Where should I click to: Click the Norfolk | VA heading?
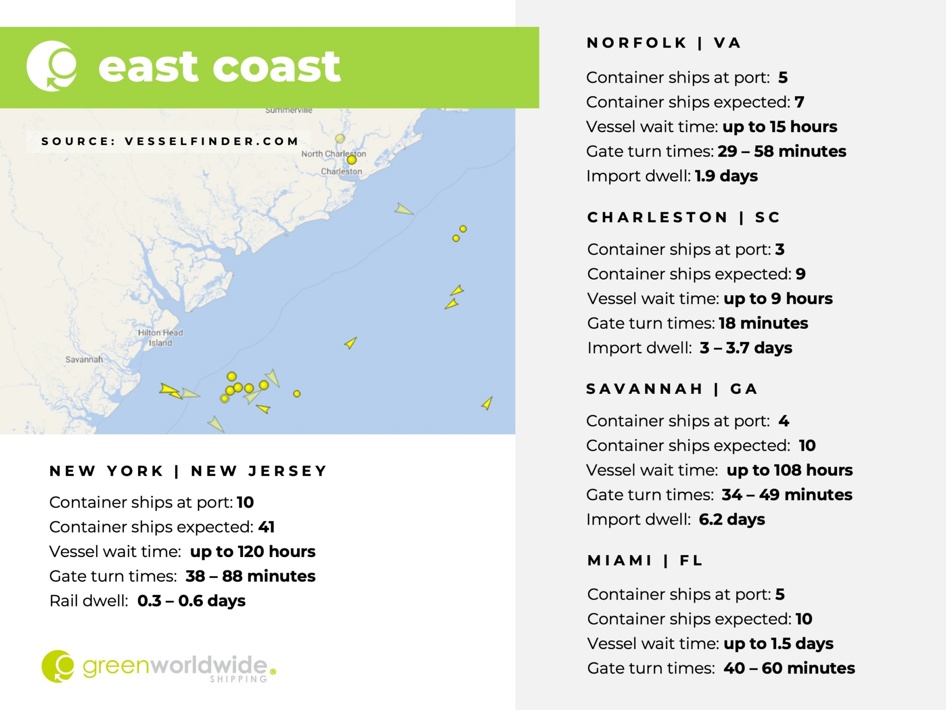click(x=664, y=43)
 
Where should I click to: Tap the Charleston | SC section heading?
click(x=684, y=217)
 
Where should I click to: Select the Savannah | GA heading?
click(x=672, y=389)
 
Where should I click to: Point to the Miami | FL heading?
click(x=645, y=561)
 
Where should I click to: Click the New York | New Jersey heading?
click(x=188, y=471)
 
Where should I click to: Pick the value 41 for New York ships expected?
click(x=267, y=527)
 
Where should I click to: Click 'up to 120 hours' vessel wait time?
click(x=253, y=551)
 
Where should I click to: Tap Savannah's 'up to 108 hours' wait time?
click(x=789, y=470)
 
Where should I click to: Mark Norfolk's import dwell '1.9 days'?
click(x=726, y=176)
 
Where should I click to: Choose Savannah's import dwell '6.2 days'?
click(x=732, y=520)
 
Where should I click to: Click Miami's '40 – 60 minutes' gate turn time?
click(x=789, y=668)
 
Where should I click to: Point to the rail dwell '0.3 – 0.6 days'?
click(x=191, y=601)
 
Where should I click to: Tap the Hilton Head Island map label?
click(x=160, y=338)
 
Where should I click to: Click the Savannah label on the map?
click(x=84, y=360)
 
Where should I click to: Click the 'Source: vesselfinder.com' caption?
click(x=170, y=141)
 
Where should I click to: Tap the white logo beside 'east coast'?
click(x=52, y=66)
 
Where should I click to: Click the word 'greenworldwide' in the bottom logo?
click(x=175, y=666)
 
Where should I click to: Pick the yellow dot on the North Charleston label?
click(x=352, y=160)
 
